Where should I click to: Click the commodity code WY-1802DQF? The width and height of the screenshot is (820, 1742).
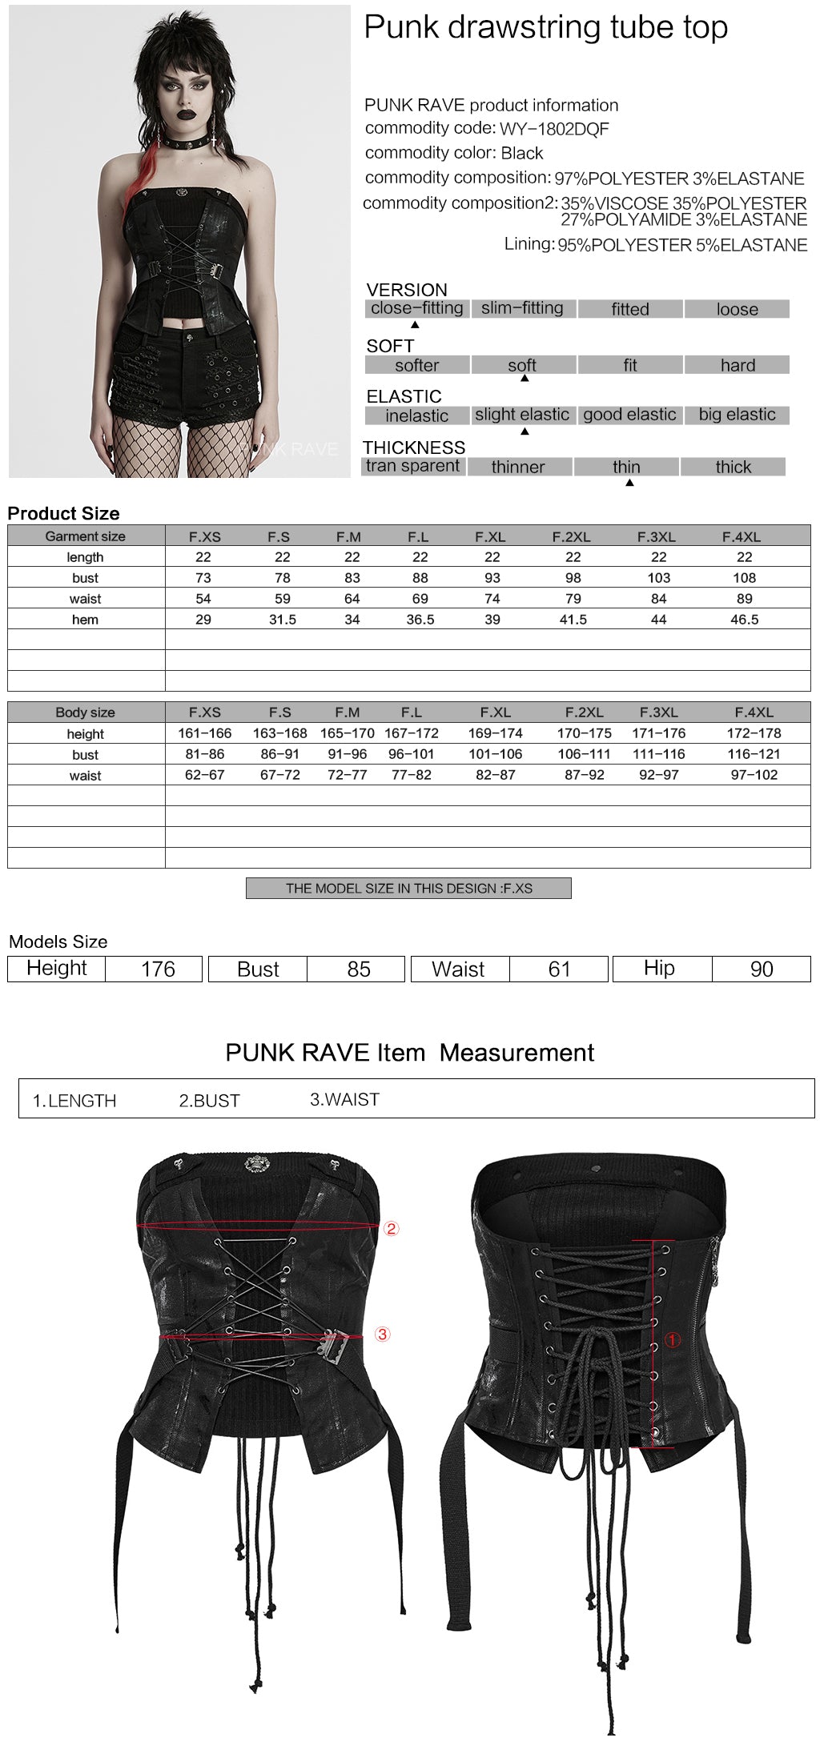point(554,129)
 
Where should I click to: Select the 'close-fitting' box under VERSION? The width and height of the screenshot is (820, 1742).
point(416,308)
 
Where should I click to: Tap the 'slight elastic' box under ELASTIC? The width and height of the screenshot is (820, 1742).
point(522,415)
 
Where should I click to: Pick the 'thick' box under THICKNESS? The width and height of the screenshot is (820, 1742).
point(733,467)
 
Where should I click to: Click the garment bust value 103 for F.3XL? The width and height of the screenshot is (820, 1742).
point(658,578)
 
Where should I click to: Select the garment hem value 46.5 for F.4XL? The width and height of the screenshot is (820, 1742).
point(744,620)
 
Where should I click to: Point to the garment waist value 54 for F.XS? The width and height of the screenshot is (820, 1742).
point(203,599)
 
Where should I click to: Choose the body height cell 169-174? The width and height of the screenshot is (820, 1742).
point(495,733)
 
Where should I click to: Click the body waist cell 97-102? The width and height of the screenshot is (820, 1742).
point(754,775)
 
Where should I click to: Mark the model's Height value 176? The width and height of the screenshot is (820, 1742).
point(158,969)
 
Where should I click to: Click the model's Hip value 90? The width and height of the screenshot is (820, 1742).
point(761,969)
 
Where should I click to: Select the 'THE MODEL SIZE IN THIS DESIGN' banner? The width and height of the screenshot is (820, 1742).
point(408,889)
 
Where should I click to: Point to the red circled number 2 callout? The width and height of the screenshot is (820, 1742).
point(391,1229)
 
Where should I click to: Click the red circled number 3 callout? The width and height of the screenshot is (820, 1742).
point(383,1335)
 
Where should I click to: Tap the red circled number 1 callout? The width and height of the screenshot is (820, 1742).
point(673,1339)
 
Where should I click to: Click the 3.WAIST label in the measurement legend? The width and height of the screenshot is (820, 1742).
point(344,1100)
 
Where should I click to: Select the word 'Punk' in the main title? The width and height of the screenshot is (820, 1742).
point(401,27)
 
